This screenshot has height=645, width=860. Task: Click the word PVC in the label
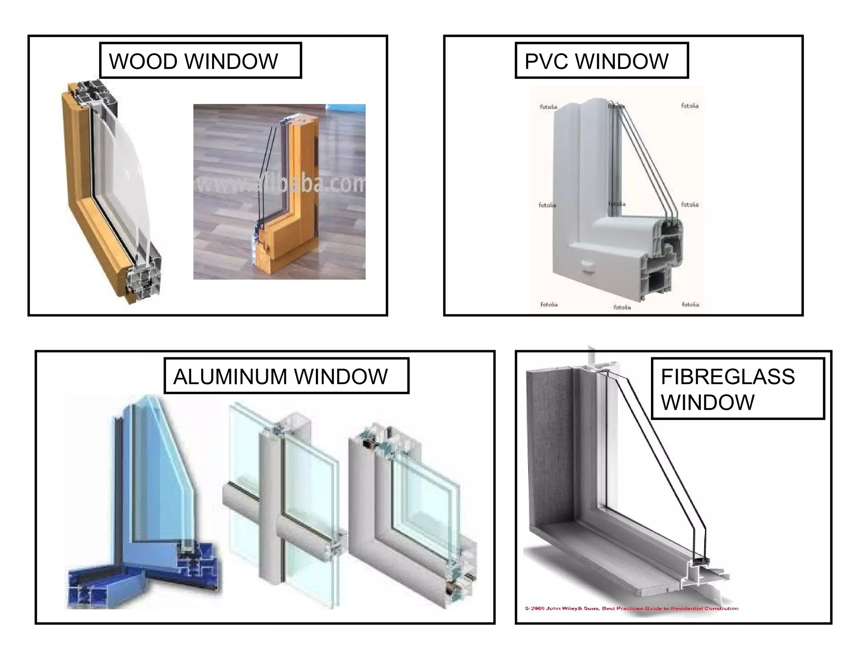coord(547,61)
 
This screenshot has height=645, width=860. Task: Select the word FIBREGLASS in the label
coord(728,376)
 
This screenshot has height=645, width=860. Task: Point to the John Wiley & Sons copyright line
coord(631,608)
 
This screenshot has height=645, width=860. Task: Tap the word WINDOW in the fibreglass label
coord(708,402)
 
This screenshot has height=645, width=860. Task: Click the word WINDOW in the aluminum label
coord(341,376)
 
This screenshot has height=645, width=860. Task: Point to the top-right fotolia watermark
coord(690,106)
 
